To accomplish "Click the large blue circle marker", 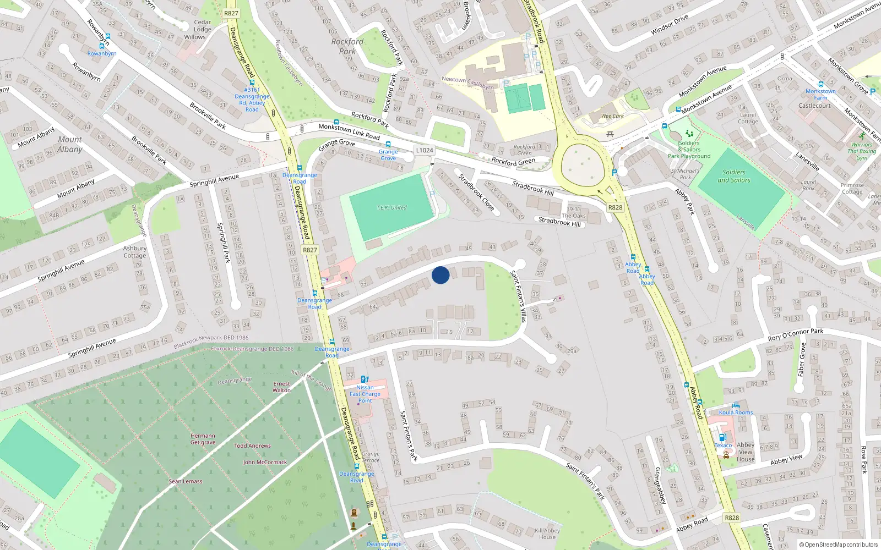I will (440, 275).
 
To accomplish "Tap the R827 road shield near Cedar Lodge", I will (231, 13).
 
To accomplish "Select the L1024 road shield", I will (425, 150).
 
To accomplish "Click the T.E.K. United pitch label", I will (391, 208).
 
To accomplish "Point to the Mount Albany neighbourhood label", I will (70, 145).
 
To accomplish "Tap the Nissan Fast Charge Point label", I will (365, 394).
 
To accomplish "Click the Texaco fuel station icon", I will (722, 437).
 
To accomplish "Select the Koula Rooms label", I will (736, 413).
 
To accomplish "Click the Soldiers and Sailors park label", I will (733, 176).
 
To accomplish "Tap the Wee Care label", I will (612, 116).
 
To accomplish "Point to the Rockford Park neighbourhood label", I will (347, 46).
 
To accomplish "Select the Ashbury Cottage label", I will (135, 252).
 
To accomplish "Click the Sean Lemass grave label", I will (186, 481).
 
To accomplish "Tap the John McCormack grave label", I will (265, 462).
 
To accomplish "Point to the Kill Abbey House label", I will (547, 533).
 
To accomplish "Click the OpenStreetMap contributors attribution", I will (839, 544).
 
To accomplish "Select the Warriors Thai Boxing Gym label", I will (862, 151).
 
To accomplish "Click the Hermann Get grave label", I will (203, 439).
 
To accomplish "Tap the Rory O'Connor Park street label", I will (796, 334).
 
